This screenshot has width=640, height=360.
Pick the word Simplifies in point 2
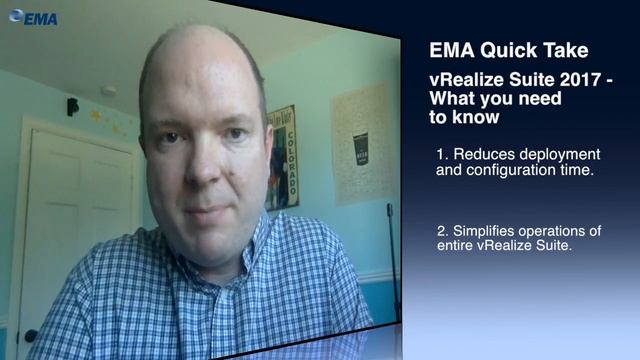[490, 232]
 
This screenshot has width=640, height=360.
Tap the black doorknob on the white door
[30, 335]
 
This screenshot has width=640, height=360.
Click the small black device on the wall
[72, 106]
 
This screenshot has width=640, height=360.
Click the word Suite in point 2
[551, 247]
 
